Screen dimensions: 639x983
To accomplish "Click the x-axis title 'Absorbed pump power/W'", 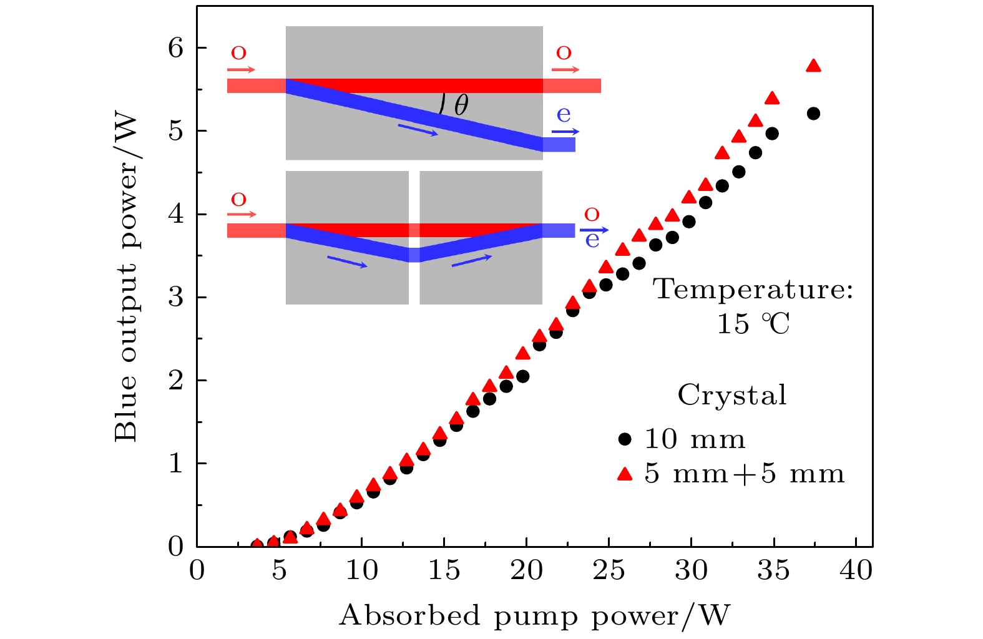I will (534, 615).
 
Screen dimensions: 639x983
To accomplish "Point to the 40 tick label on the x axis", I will (856, 570).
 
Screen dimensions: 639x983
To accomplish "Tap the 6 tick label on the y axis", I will (176, 48).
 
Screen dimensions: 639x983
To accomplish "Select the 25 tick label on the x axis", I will (609, 570).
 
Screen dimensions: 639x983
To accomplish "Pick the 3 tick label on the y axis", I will (176, 297).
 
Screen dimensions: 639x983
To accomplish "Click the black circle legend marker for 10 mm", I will (625, 439).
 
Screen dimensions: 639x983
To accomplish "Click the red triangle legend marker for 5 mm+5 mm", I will (625, 474).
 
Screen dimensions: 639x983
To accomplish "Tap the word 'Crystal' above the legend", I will (732, 395).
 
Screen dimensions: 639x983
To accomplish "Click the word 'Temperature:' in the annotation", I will (753, 290).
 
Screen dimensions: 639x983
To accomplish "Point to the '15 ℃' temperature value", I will (753, 324).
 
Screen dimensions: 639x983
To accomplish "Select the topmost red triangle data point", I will (813, 66).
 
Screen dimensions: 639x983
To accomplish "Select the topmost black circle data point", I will (813, 114).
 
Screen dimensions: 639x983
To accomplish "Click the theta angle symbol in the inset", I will (461, 105).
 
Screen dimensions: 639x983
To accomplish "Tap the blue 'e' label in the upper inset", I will (564, 115).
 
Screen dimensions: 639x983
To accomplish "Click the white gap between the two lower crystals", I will (414, 238).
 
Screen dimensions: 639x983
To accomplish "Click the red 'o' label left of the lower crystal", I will (238, 200).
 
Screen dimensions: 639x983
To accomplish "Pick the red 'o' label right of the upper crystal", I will (564, 53).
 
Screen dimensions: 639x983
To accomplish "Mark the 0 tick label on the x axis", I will (197, 570).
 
